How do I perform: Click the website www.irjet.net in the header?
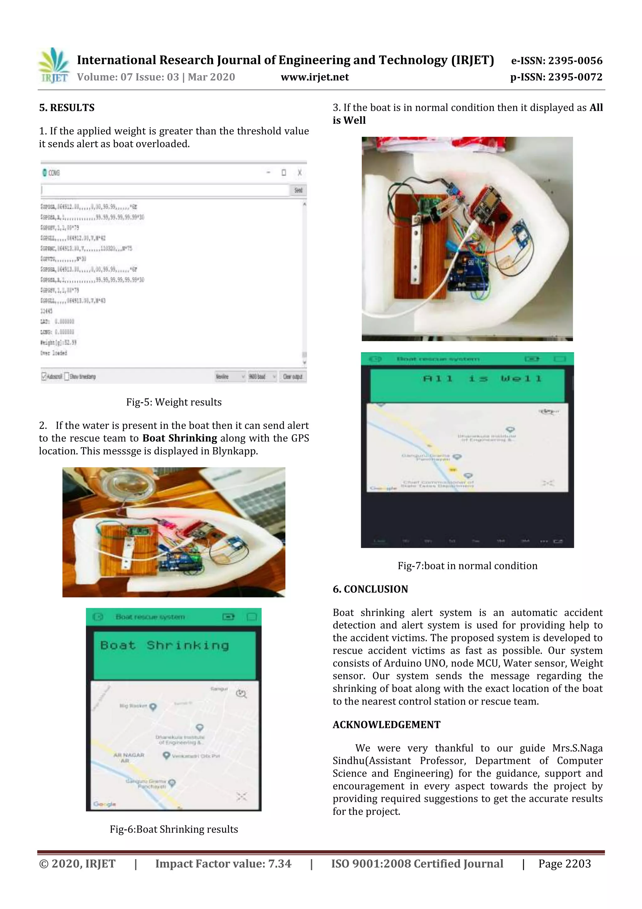point(314,77)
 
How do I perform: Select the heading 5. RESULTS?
point(66,108)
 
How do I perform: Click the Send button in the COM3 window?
point(298,190)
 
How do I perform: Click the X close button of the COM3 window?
point(299,173)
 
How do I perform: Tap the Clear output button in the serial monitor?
point(293,377)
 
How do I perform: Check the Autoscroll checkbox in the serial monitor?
point(44,377)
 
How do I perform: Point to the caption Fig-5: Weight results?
point(174,402)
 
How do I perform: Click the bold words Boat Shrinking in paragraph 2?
point(180,438)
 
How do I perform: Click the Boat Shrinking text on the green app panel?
point(165,645)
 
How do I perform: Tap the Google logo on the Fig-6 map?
point(104,804)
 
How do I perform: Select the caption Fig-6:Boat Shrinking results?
point(174,829)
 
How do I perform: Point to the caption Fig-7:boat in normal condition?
point(467,566)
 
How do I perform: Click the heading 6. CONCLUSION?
point(370,589)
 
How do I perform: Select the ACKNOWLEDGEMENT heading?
point(386,725)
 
